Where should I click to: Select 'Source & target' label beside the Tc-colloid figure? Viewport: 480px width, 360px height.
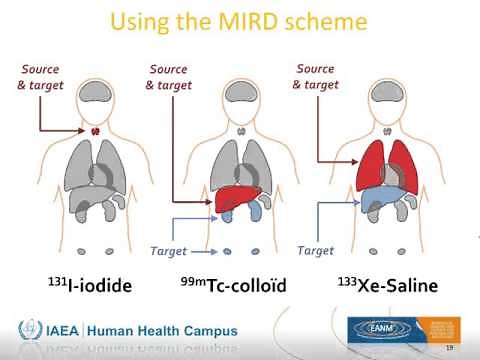point(168,77)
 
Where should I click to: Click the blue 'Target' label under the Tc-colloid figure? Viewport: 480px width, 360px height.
point(168,252)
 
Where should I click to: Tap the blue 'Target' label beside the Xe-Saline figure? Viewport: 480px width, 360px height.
point(316,250)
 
